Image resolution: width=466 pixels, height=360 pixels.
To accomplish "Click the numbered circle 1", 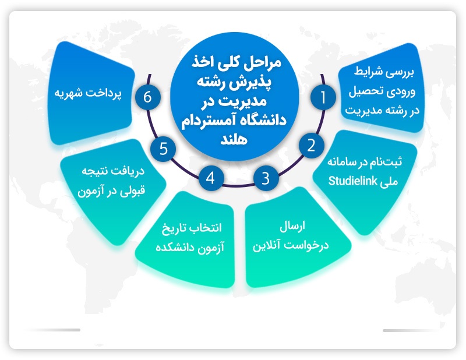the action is click(x=323, y=97).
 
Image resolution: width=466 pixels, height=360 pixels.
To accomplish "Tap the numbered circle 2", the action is click(x=311, y=146).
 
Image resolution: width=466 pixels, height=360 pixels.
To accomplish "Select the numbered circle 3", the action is click(x=266, y=178).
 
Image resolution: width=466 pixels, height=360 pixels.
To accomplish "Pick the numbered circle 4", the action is click(x=211, y=178).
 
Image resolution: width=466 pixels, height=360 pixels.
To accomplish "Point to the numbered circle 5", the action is click(x=163, y=149).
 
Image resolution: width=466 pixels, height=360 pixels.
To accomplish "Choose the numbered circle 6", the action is click(x=148, y=97).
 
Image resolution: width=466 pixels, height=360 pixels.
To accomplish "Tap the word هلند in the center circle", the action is click(x=234, y=139).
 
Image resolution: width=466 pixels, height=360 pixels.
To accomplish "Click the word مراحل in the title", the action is click(x=262, y=63).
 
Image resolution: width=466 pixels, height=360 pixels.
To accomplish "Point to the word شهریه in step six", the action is click(x=68, y=93).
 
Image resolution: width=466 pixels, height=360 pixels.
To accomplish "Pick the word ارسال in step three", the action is click(x=292, y=227).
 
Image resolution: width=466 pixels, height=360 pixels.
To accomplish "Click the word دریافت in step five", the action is click(x=130, y=171).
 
